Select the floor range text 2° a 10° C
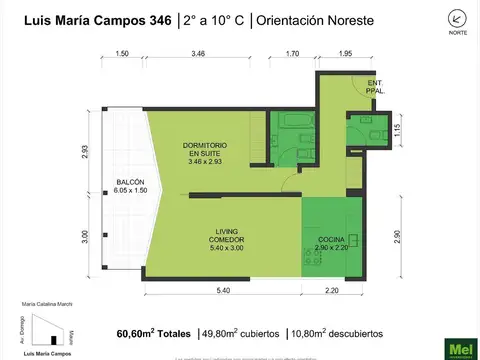(213, 20)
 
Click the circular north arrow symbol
(457, 17)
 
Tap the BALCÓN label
(130, 182)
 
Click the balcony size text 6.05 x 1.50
(130, 190)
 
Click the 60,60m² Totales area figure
(152, 333)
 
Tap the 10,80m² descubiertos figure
(333, 333)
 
